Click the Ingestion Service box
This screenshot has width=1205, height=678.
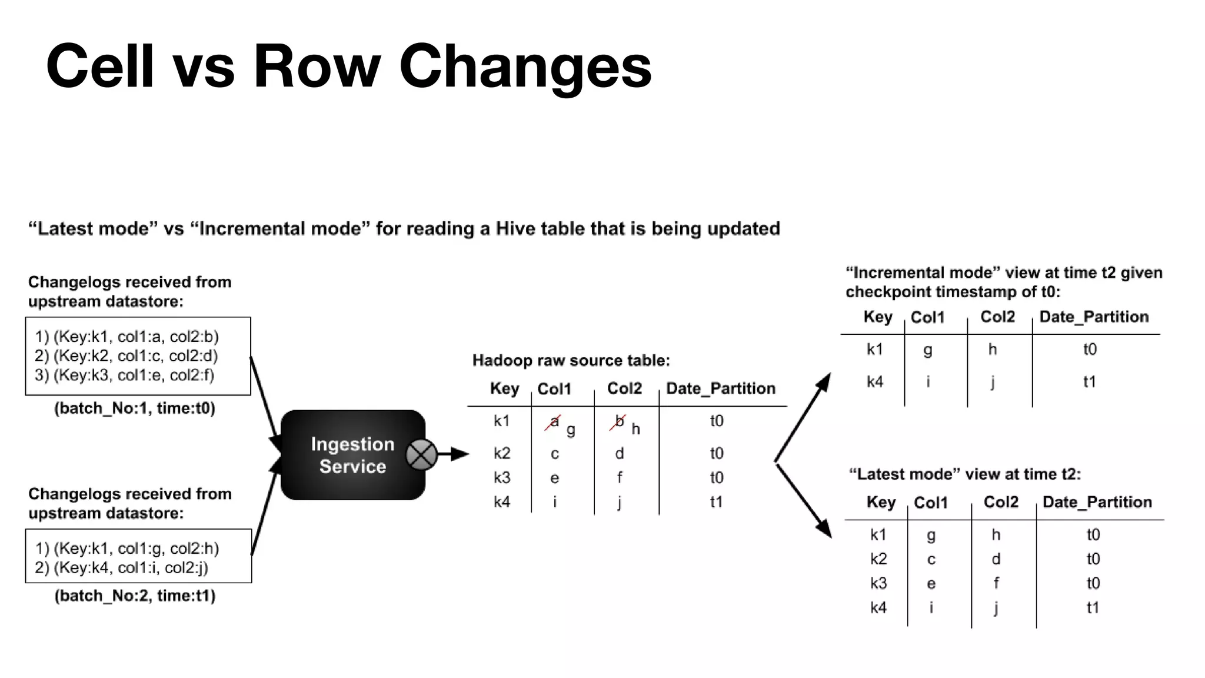tap(352, 455)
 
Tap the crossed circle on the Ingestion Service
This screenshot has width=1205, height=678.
tap(421, 454)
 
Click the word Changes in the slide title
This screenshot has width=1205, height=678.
tap(525, 66)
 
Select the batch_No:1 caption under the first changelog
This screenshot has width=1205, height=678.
tap(135, 408)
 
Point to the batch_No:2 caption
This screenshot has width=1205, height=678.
tap(135, 596)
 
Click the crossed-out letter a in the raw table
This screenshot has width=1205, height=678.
tap(554, 421)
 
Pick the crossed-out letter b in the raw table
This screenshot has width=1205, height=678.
tap(618, 421)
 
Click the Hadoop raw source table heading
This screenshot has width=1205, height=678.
tap(571, 360)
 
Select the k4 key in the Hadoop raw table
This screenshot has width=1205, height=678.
tap(502, 502)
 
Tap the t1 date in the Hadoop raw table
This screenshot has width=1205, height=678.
tap(716, 502)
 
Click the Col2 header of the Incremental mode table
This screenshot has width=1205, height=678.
tap(997, 317)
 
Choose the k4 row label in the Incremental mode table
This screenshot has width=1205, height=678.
tap(875, 382)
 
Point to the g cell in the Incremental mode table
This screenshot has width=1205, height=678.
tap(928, 350)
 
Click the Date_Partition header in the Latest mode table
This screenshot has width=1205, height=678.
tap(1097, 502)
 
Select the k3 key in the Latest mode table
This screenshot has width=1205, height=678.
tap(878, 583)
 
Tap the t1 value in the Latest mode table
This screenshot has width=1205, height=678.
tap(1093, 607)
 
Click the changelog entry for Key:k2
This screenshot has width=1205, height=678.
tap(127, 356)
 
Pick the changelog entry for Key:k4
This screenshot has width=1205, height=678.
tap(122, 568)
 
